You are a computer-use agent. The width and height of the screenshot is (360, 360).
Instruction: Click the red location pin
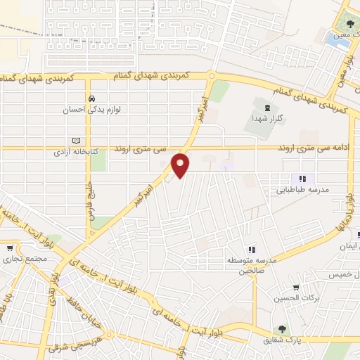181,165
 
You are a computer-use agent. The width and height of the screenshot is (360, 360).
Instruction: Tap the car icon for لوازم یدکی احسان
91,98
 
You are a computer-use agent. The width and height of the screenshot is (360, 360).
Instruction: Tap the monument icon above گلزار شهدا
266,108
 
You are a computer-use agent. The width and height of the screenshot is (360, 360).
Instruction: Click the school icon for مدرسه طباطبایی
302,179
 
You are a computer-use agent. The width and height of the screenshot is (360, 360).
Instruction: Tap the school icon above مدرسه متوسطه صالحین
251,250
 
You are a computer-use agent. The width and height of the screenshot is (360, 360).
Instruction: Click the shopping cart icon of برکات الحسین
296,287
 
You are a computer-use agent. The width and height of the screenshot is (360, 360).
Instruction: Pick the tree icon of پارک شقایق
282,328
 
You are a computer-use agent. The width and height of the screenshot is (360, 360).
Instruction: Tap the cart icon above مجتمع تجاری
10,247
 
